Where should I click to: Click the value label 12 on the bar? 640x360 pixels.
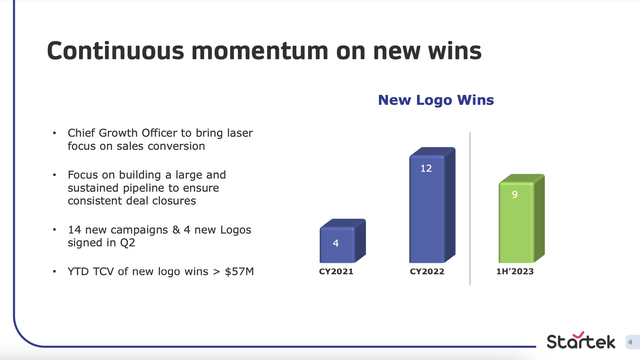tap(426, 169)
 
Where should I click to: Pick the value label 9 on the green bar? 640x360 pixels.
tap(514, 196)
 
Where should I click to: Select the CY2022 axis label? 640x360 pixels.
tap(428, 272)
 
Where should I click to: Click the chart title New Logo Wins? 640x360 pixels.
tap(435, 101)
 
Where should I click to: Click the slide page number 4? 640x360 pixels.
tap(631, 340)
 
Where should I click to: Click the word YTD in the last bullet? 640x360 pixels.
tap(80, 270)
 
